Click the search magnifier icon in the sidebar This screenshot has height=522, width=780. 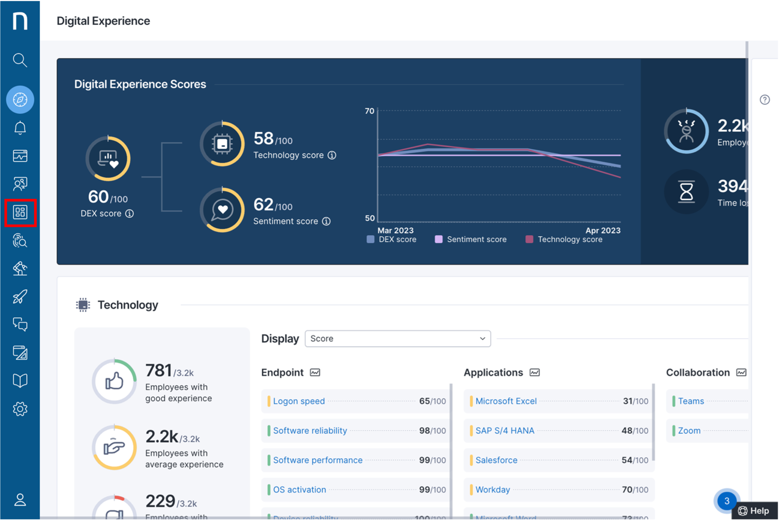pos(20,60)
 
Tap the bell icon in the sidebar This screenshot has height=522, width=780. pos(20,128)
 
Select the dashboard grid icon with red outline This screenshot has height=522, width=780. pos(20,212)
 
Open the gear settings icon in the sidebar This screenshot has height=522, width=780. pos(20,409)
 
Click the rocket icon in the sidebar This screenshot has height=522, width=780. pos(20,296)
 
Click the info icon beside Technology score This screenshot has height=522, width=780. pos(332,155)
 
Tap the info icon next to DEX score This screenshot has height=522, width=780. pos(130,214)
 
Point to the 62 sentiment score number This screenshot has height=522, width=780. pos(263,205)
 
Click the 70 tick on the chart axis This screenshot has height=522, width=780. pos(369,111)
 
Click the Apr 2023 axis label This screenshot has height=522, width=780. pos(603,230)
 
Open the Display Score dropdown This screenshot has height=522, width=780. pos(398,338)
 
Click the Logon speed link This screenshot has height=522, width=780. pos(299,401)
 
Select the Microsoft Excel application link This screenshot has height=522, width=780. pos(506,401)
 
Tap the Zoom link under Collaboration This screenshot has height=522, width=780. pos(689,431)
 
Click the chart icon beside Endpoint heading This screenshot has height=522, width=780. pos(315,372)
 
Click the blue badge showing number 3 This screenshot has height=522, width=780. pos(726,501)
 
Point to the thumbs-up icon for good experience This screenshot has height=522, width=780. pos(114,381)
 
